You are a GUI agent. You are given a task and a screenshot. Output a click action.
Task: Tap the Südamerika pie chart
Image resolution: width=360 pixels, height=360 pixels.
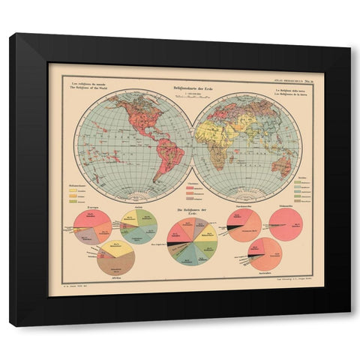click(x=286, y=225)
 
